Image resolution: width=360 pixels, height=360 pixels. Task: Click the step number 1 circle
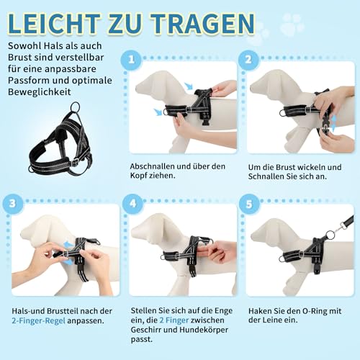pos(131,60)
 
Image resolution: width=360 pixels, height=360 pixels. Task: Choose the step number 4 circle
pos(131,204)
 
